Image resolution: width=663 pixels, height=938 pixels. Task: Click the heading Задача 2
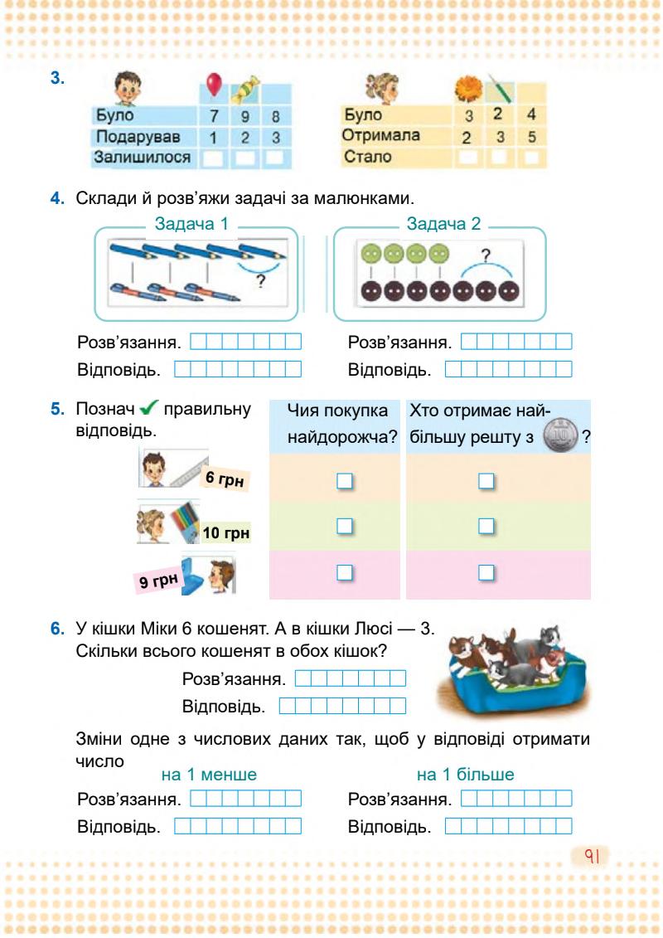pos(443,222)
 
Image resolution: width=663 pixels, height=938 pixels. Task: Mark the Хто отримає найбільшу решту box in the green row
pos(487,525)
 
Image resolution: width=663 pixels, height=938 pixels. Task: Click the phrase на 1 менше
pos(209,775)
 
